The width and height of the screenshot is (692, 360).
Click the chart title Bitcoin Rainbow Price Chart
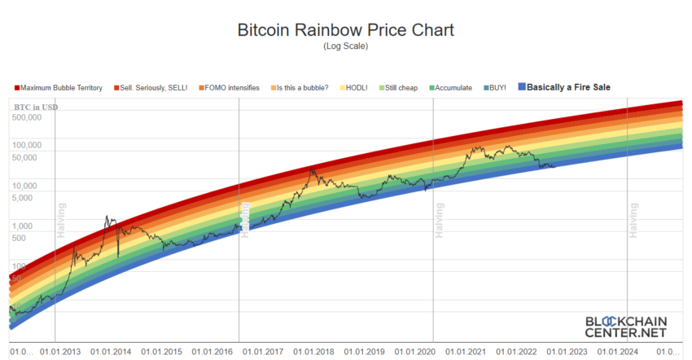pos(345,30)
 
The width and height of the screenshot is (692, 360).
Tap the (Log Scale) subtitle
pos(345,46)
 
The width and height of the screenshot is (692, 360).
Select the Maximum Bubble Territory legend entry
pos(58,87)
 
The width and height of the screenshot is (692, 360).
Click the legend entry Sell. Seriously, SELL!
pos(155,87)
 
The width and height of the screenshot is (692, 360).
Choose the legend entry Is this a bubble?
pos(302,87)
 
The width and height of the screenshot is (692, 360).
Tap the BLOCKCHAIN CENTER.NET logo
pos(624,327)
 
